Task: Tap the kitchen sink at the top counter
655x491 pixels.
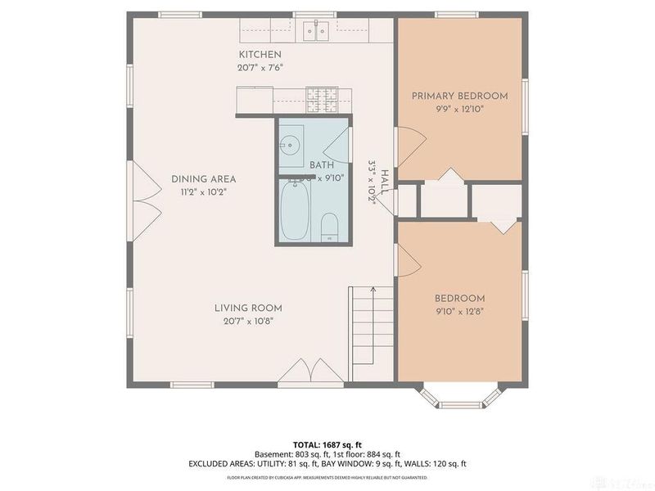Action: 314,31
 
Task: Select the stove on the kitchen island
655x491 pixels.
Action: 323,101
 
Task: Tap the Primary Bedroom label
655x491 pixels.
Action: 459,96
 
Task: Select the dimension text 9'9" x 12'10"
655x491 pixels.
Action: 459,109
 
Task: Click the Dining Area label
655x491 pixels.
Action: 203,178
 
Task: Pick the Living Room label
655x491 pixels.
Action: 248,308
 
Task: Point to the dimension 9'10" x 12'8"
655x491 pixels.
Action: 459,312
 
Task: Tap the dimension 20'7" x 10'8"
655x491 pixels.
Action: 248,321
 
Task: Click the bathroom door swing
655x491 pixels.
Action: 331,147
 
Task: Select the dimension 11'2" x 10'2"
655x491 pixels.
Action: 203,191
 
